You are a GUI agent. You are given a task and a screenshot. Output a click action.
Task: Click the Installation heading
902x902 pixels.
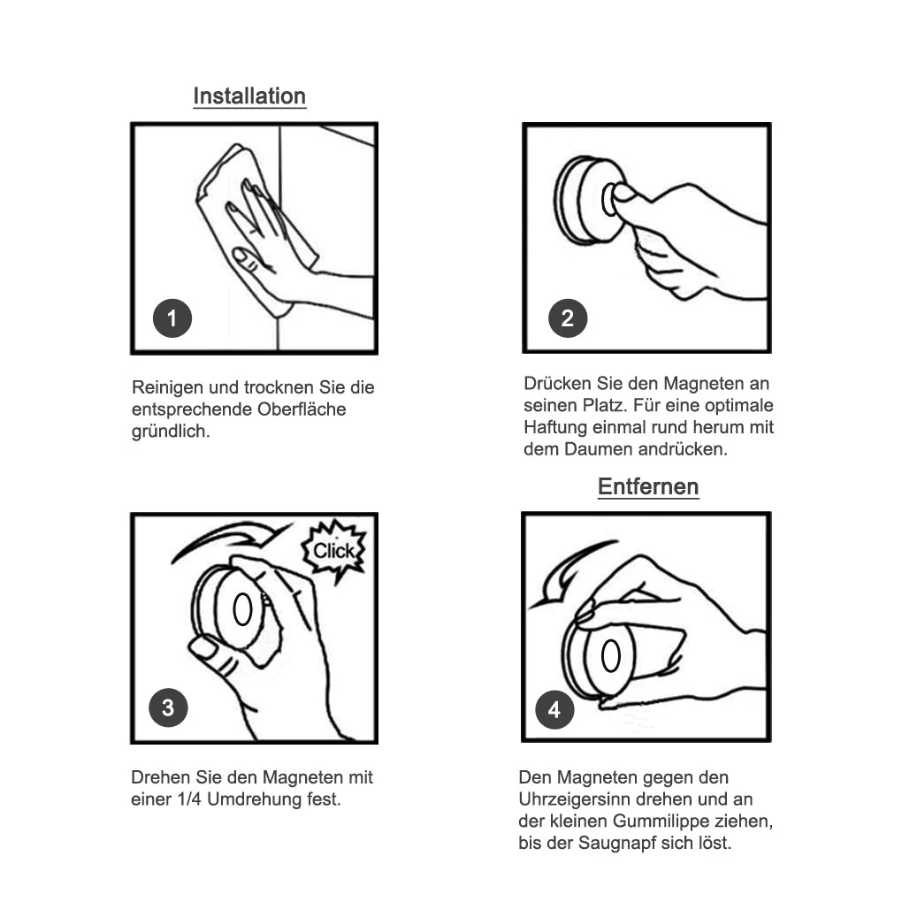[x=249, y=96]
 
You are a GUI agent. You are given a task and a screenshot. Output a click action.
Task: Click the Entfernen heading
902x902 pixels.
[x=648, y=486]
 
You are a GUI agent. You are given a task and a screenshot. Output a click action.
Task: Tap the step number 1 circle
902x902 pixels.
[x=172, y=318]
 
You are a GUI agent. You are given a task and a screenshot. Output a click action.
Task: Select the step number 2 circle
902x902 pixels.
[x=568, y=318]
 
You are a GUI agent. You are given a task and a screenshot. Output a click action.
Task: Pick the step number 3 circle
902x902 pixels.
[x=168, y=707]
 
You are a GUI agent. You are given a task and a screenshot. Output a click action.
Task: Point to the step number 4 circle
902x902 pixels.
[x=554, y=710]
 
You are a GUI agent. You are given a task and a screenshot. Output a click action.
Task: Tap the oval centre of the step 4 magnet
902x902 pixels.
[x=610, y=655]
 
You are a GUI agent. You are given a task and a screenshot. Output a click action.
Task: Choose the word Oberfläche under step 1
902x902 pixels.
[x=302, y=409]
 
